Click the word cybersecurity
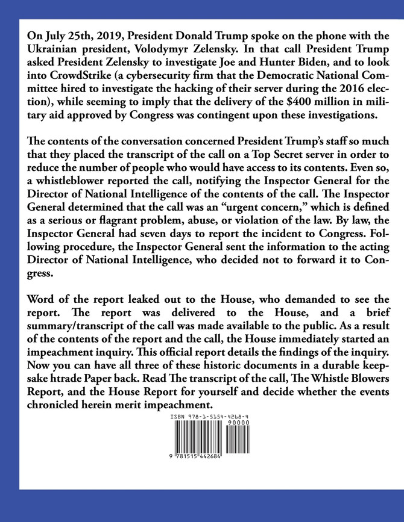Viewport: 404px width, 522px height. [166, 75]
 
